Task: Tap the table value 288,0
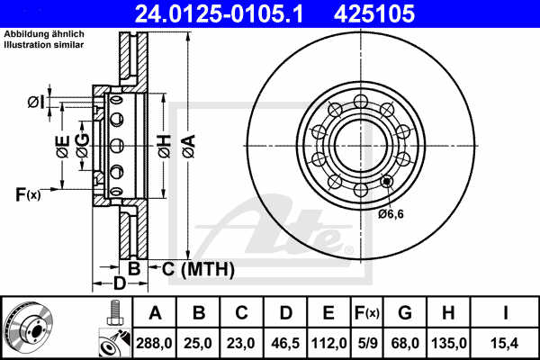154,342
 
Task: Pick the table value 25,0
199,342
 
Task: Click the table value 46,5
285,342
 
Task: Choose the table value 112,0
328,342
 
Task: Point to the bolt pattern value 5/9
367,342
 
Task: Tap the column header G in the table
407,313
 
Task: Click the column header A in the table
154,313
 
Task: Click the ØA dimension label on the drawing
187,143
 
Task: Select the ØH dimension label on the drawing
163,143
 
